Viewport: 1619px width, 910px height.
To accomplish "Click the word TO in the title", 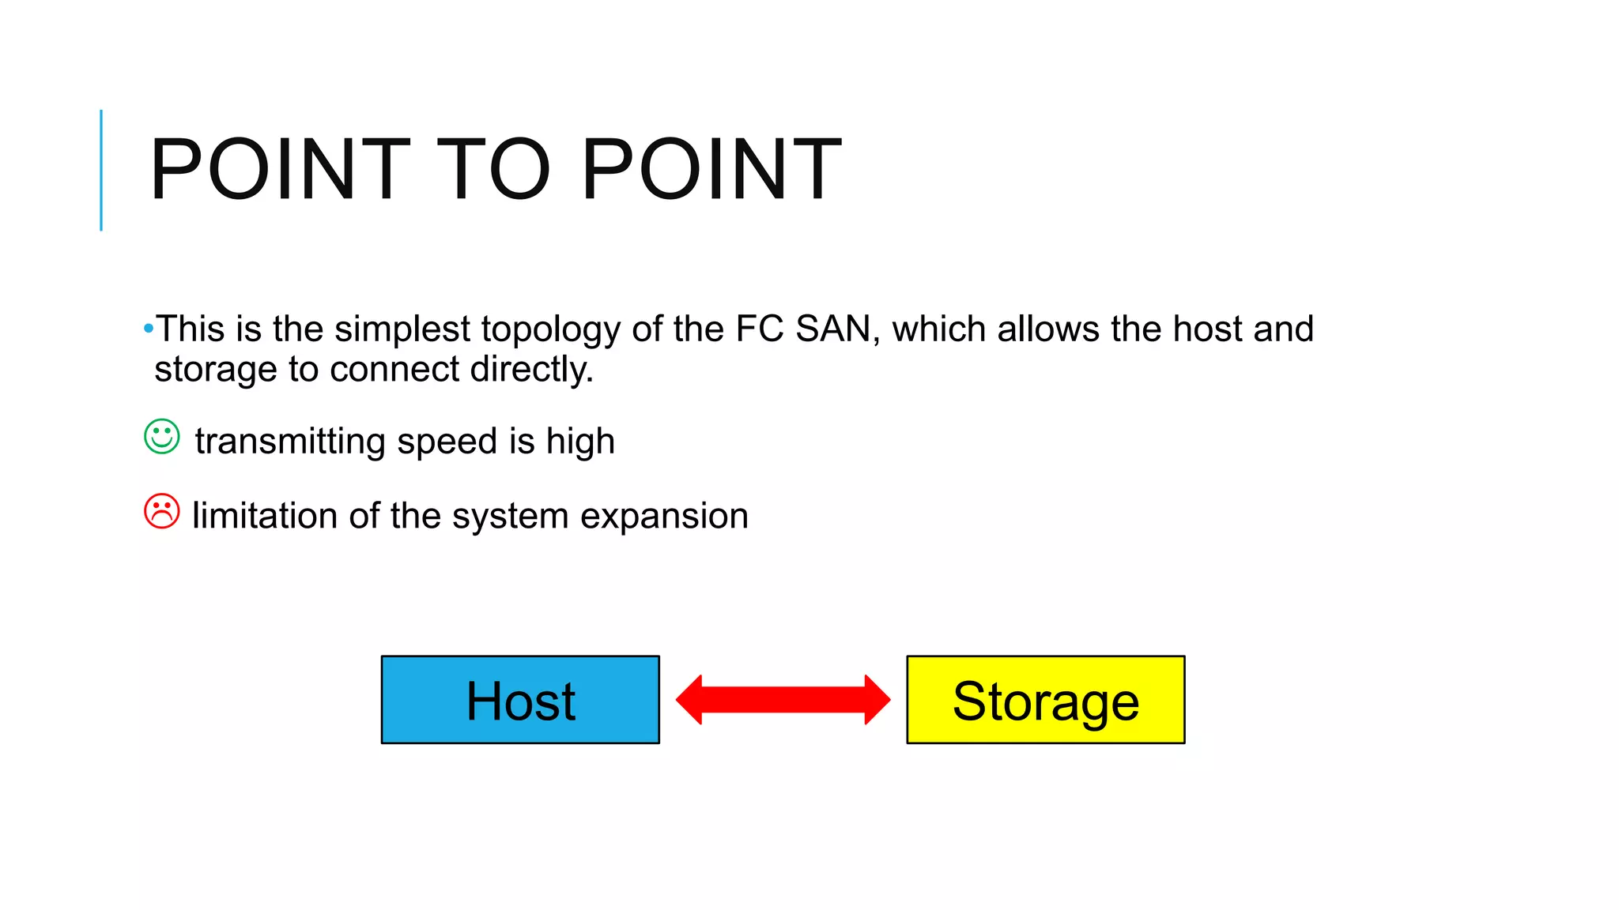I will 492,169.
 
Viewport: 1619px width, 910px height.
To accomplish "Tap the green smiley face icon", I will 162,436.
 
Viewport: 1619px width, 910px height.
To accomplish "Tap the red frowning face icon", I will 162,511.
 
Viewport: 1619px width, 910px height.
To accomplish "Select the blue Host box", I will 520,700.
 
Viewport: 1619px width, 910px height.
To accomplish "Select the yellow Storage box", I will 1045,700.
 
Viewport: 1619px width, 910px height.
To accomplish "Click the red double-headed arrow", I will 783,700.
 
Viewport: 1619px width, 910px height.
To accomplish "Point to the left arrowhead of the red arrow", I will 690,700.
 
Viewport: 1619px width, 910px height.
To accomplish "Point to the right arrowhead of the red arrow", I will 877,700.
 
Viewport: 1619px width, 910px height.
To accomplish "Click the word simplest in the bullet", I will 402,329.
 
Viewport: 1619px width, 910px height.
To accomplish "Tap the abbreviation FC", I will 760,329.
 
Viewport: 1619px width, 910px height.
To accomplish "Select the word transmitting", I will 290,441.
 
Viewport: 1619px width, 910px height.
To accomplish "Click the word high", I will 580,442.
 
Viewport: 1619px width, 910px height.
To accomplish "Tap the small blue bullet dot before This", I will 149,328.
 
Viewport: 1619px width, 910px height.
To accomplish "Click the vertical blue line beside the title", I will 101,170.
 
